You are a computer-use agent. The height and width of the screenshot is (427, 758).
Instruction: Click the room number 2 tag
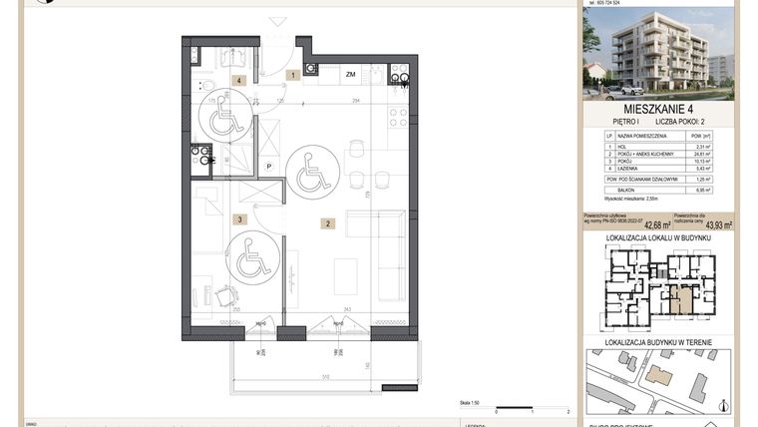click(x=327, y=223)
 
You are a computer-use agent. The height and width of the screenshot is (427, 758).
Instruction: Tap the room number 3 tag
click(x=239, y=218)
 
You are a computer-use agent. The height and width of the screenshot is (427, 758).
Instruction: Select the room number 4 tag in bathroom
click(x=239, y=80)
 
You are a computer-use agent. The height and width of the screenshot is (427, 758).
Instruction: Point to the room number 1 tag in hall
click(x=293, y=75)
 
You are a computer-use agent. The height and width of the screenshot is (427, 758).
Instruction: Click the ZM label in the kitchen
click(x=351, y=75)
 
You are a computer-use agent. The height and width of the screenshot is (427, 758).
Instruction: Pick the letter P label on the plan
click(x=268, y=167)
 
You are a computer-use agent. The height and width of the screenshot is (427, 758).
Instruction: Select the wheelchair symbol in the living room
click(x=312, y=173)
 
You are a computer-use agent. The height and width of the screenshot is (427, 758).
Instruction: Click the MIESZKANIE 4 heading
click(x=658, y=108)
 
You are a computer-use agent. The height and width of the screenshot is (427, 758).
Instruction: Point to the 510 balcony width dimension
click(x=325, y=376)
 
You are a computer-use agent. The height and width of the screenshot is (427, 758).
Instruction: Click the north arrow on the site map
click(x=723, y=406)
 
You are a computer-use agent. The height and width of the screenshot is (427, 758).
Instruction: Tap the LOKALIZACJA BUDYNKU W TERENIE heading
click(x=658, y=342)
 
